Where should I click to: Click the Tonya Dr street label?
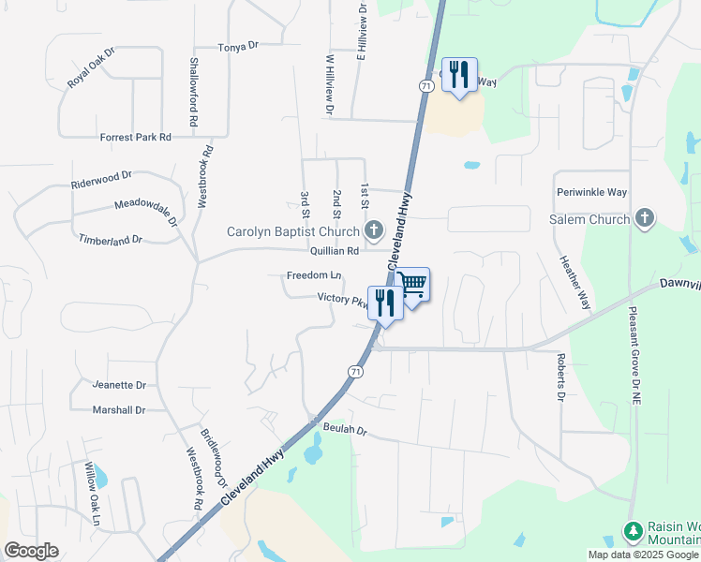(x=237, y=46)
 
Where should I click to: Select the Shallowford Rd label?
(x=194, y=92)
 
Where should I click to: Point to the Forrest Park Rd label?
(x=136, y=137)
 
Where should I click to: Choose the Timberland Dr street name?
(x=111, y=240)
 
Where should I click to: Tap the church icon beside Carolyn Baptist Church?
(x=374, y=230)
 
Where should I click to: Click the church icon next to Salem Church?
(x=644, y=219)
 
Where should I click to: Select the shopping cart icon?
(x=413, y=286)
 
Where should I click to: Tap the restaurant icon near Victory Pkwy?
(x=384, y=302)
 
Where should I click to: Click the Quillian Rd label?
(x=335, y=251)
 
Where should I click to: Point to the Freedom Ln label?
(x=314, y=275)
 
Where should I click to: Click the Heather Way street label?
(x=574, y=282)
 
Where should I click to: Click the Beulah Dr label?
(x=345, y=431)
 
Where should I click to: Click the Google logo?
(x=32, y=551)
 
